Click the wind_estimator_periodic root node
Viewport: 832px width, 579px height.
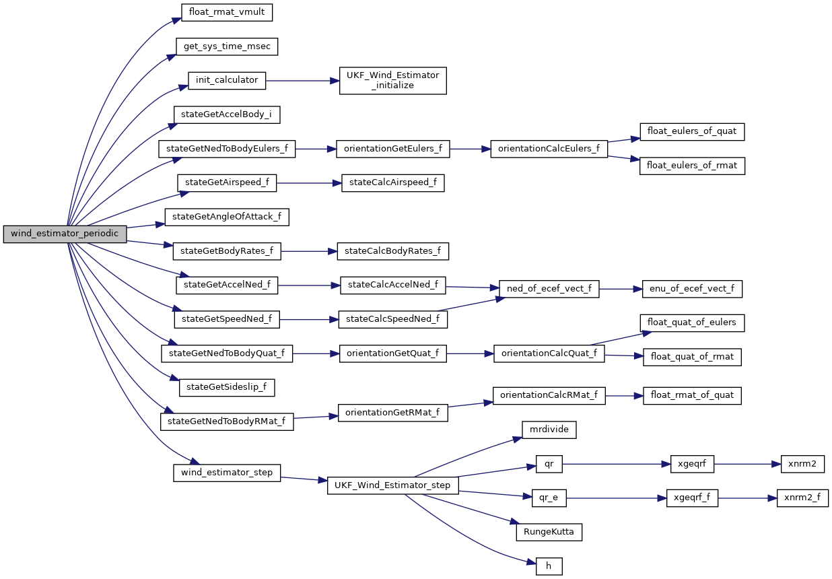pyautogui.click(x=65, y=234)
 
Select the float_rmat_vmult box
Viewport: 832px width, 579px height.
pyautogui.click(x=220, y=12)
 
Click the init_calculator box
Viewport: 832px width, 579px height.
pyautogui.click(x=227, y=80)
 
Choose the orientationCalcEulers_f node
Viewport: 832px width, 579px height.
pyautogui.click(x=549, y=149)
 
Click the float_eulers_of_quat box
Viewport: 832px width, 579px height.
pyautogui.click(x=692, y=131)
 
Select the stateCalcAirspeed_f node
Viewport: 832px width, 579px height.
pyautogui.click(x=393, y=182)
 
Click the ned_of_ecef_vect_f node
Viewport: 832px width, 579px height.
pyautogui.click(x=549, y=288)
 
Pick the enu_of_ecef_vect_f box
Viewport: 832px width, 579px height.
pyautogui.click(x=692, y=288)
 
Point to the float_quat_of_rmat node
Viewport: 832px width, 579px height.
pyautogui.click(x=692, y=357)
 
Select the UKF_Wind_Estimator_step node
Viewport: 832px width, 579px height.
pyautogui.click(x=393, y=485)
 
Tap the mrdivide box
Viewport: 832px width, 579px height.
pyautogui.click(x=549, y=429)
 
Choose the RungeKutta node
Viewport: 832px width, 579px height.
pyautogui.click(x=549, y=532)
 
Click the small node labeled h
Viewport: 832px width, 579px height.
pyautogui.click(x=549, y=566)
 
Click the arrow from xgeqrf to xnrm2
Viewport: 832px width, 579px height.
pyautogui.click(x=745, y=463)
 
